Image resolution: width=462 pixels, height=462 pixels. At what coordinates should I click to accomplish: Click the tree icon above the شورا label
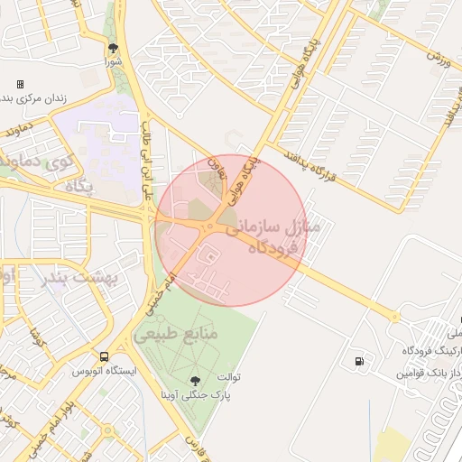point(113,48)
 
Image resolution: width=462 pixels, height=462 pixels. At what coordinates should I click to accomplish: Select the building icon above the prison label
point(20,84)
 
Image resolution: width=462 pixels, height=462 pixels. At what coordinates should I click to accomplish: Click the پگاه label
point(79,185)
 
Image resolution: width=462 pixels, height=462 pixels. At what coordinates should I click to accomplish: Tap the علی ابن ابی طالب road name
point(148,168)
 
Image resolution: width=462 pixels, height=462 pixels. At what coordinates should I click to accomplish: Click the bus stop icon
point(105,356)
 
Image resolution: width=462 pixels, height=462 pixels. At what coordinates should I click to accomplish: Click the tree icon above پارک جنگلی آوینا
point(196,380)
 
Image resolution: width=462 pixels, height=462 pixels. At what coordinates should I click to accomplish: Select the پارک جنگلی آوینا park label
point(196,394)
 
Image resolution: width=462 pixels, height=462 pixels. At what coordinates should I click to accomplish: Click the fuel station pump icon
point(361,363)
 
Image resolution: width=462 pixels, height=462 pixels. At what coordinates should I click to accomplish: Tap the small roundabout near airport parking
point(394,317)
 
